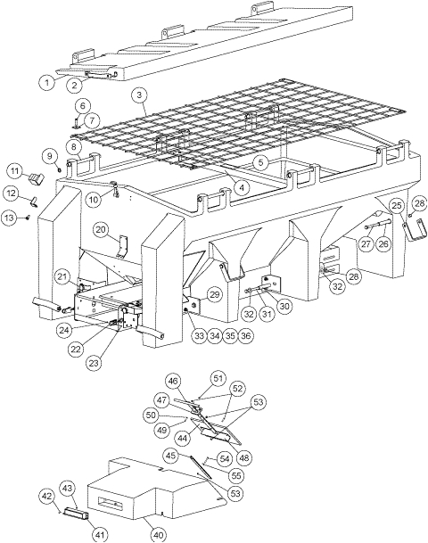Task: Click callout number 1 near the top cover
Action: pos(45,82)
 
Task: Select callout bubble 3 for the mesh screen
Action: pos(138,94)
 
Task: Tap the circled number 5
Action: pos(259,162)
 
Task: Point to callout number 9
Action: pos(49,155)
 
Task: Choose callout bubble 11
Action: pos(15,170)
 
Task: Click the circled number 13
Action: pos(12,217)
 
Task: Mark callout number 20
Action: pos(101,230)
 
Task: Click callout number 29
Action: pos(213,293)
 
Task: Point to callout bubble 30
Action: pos(285,305)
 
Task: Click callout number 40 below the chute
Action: pos(158,534)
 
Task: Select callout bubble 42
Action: pos(46,495)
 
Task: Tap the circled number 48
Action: pos(244,457)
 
